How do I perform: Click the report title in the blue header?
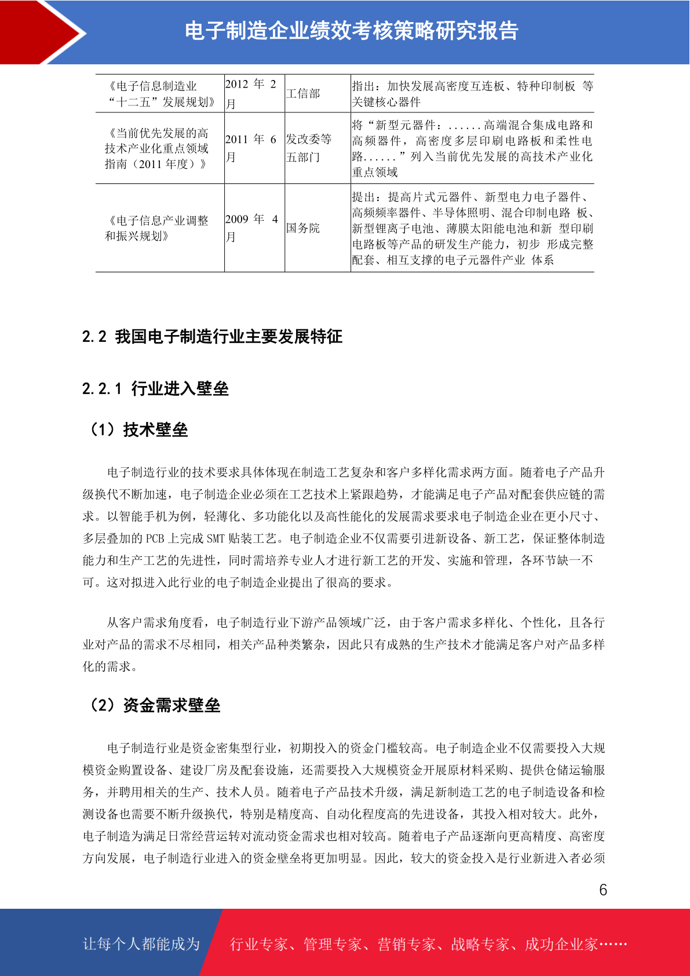(351, 31)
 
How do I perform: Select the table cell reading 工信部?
(303, 94)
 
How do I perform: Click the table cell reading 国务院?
(303, 228)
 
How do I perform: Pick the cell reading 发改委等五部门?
(309, 148)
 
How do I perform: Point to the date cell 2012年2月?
(251, 94)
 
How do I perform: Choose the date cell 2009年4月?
(251, 228)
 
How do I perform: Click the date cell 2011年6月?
(251, 148)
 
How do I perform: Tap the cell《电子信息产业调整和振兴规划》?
(157, 228)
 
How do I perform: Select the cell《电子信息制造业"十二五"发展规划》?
(157, 94)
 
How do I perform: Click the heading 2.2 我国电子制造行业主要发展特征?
(212, 337)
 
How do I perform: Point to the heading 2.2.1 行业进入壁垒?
(155, 388)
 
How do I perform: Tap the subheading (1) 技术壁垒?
(138, 430)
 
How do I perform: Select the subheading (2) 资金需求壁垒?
(154, 705)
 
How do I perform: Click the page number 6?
(603, 890)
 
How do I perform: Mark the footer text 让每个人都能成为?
(141, 944)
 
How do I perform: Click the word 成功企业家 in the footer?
(561, 945)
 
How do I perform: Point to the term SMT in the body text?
(216, 539)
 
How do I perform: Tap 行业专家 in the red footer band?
(259, 945)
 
